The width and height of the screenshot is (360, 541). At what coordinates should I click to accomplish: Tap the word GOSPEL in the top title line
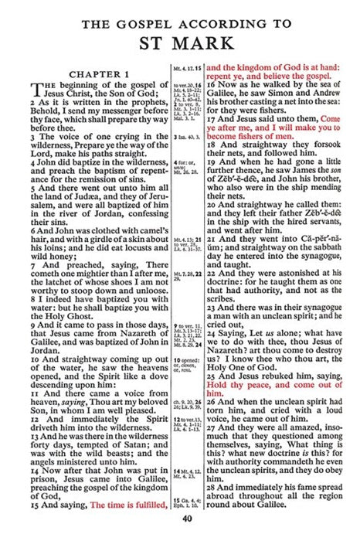(x=141, y=24)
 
